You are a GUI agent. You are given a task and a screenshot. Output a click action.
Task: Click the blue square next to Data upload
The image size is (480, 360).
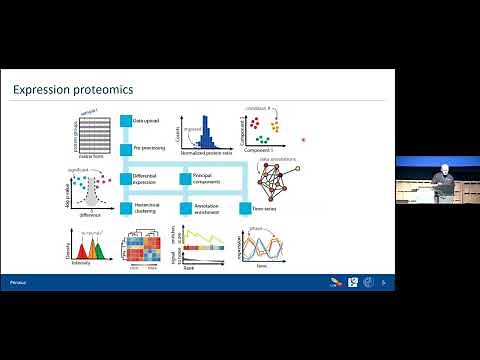pos(126,120)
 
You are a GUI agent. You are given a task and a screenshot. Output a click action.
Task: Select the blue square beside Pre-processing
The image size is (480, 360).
pos(126,149)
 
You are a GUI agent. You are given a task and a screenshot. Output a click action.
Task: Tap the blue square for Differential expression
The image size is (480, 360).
pos(126,179)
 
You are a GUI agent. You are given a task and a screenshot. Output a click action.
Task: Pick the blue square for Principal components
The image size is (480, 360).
pos(185,179)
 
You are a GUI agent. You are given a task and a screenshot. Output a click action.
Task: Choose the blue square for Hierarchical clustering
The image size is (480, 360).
pos(126,209)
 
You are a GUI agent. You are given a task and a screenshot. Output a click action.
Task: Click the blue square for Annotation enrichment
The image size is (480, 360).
pos(185,209)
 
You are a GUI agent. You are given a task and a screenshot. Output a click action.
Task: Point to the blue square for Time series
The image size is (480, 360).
pos(244,209)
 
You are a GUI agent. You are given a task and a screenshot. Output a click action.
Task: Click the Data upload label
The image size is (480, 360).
pos(149,120)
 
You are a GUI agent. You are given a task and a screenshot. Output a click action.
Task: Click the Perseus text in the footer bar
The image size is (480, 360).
pos(19,283)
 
